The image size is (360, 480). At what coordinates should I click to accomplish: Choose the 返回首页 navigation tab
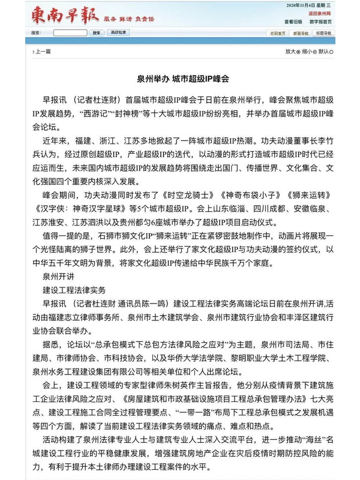(278, 32)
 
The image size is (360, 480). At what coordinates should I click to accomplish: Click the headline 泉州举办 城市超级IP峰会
(179, 79)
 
